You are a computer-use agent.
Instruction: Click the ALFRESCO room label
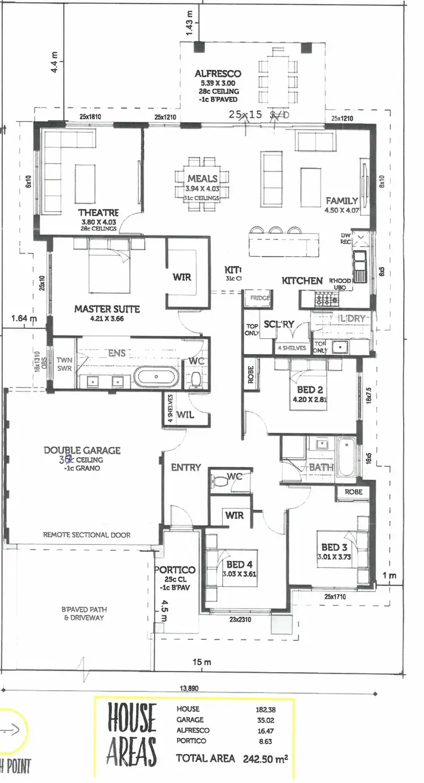click(x=218, y=74)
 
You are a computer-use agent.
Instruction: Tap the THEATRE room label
click(x=98, y=213)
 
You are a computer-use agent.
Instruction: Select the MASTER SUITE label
click(x=107, y=309)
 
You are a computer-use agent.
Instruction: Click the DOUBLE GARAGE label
click(x=82, y=450)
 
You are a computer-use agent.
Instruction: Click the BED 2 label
click(x=309, y=390)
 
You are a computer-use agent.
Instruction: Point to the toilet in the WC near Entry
click(x=219, y=481)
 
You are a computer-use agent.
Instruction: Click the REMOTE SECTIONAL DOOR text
click(x=87, y=535)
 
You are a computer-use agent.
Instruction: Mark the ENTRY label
click(x=186, y=467)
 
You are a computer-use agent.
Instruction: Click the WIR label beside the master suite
click(x=181, y=277)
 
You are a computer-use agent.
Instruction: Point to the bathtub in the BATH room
click(x=345, y=458)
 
